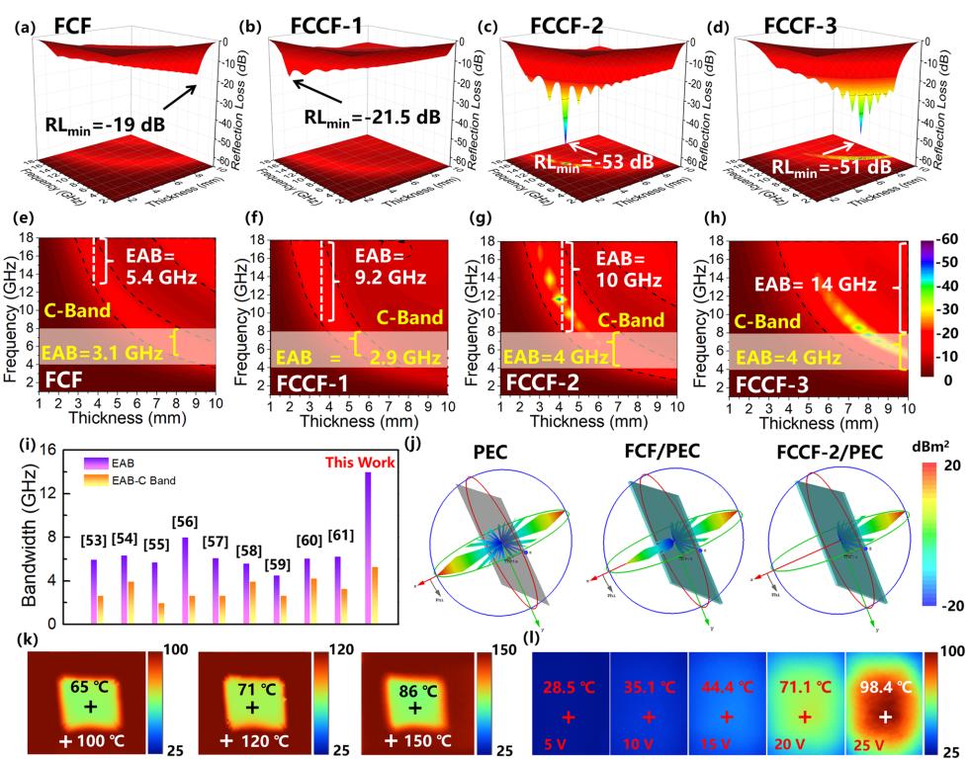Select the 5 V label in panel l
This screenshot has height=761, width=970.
(554, 741)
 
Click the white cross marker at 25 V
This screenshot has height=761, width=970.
(887, 715)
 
